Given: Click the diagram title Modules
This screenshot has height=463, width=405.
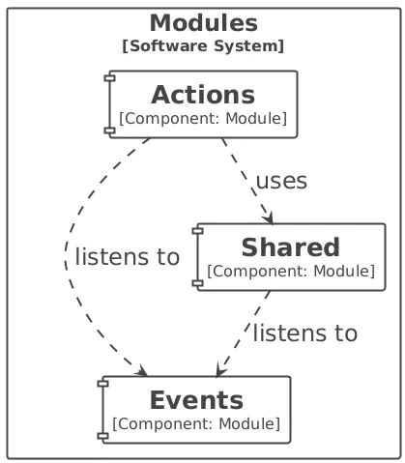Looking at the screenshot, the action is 204,23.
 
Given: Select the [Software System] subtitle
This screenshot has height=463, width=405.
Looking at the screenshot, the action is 203,46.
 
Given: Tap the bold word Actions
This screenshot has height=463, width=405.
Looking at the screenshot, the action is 203,95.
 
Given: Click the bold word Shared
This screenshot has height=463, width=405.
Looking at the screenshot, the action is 291,247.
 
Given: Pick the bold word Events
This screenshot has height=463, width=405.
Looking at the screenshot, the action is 196,400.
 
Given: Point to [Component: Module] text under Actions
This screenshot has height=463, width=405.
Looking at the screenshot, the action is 203,119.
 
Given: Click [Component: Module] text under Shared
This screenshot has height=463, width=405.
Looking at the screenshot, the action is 291,272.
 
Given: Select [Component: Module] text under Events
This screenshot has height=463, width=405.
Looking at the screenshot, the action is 196,424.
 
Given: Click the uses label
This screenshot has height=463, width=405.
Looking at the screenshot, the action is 281,181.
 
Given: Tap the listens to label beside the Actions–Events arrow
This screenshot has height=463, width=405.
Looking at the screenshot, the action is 128,257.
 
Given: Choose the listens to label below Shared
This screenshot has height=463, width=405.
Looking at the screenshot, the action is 305,333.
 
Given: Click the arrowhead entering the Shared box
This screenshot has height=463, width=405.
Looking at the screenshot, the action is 269,217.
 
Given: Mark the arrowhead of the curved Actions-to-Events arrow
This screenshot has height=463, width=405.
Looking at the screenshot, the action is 142,371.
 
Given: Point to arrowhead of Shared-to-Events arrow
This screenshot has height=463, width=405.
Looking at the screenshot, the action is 220,370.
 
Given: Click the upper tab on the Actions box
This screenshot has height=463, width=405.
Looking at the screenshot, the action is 110,77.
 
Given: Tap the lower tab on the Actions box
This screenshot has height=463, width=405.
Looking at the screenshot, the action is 110,130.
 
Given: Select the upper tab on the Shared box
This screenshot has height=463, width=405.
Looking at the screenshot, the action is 198,230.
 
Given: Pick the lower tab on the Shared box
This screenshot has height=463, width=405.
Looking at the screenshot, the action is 198,283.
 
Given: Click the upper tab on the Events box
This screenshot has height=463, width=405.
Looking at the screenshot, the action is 103,384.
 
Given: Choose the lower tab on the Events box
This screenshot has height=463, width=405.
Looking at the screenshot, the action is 103,436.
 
